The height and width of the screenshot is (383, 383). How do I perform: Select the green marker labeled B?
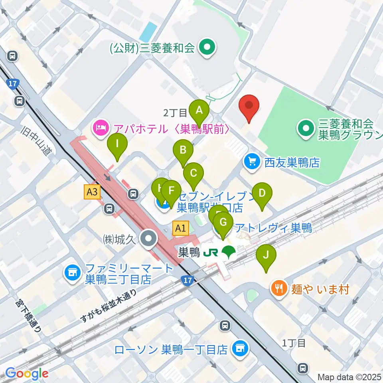point(183,150)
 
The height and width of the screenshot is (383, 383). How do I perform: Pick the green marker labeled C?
point(193,173)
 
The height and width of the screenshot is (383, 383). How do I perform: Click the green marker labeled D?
point(262,193)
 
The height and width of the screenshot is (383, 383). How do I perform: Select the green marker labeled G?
point(223,222)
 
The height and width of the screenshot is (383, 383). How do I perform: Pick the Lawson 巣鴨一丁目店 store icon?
point(240,349)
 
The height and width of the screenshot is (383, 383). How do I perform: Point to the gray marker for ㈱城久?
point(150,239)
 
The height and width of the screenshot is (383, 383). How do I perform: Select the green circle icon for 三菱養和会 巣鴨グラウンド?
point(306,128)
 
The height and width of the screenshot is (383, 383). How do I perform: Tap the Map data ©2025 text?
point(349,377)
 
